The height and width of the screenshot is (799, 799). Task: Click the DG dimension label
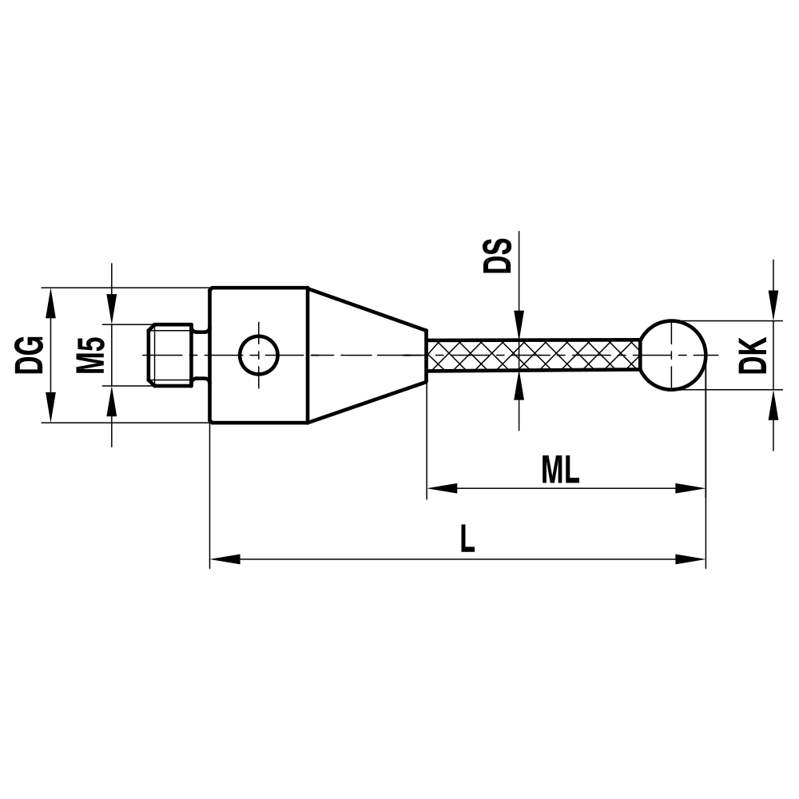click(30, 355)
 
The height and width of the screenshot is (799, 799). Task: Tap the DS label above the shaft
click(497, 254)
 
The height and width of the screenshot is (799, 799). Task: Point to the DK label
click(753, 355)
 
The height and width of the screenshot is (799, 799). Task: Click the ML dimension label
click(560, 471)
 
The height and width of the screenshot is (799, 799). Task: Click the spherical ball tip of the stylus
click(674, 355)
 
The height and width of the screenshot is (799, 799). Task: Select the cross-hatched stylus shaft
click(533, 355)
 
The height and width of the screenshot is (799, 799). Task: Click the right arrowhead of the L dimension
click(691, 559)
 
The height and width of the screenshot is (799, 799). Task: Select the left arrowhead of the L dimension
click(225, 559)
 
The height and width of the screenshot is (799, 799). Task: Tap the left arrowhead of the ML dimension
click(442, 488)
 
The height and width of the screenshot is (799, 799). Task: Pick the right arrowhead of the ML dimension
click(691, 488)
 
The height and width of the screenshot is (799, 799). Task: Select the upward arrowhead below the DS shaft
click(519, 387)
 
